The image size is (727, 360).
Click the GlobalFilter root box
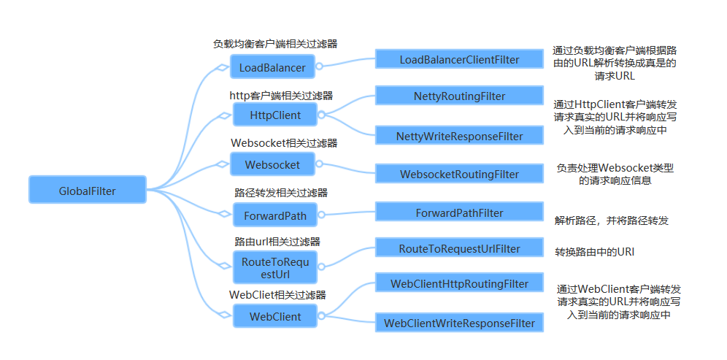[x=88, y=191]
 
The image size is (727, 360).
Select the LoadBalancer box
[x=272, y=68]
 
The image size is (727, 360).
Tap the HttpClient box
[x=274, y=115]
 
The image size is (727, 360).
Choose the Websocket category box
[x=272, y=164]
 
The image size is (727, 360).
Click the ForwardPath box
[x=274, y=215]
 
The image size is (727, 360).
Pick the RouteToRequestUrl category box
[x=274, y=268]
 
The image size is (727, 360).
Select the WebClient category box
[x=274, y=316]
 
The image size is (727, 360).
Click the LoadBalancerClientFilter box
[x=459, y=59]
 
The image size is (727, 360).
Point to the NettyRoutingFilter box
[x=459, y=96]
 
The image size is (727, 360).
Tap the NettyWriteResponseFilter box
[x=459, y=136]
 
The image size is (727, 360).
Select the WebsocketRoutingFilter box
[x=459, y=174]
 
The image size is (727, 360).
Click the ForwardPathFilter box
[x=459, y=212]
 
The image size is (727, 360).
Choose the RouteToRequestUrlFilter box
[x=459, y=249]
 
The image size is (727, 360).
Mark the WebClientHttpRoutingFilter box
[x=459, y=283]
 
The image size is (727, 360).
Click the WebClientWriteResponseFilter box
[x=459, y=322]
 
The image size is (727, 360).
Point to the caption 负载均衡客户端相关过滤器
[x=274, y=44]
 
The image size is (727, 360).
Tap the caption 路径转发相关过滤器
[x=280, y=193]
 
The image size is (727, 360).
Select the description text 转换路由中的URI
[x=594, y=252]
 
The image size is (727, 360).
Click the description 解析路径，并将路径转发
[x=611, y=220]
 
